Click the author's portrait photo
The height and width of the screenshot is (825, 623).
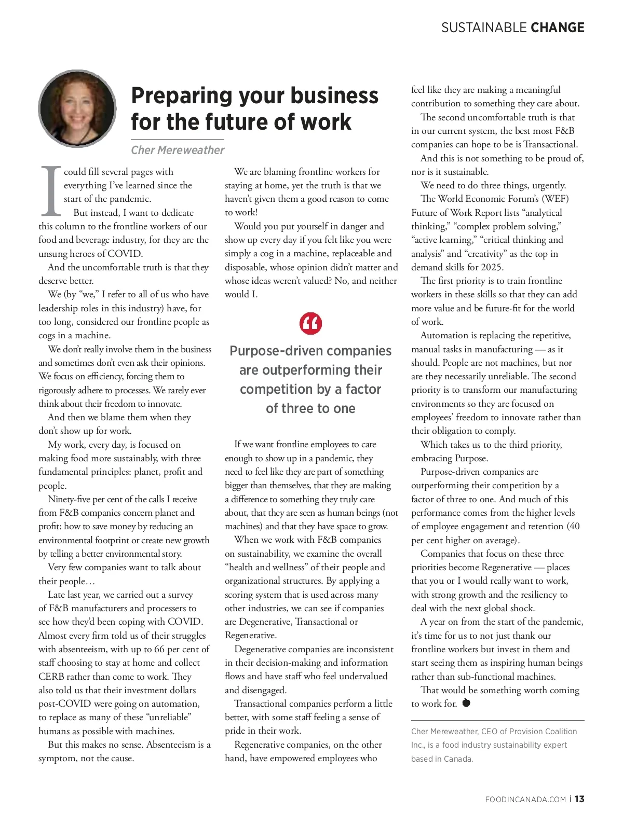77,109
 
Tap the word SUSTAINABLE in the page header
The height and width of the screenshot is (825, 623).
477,27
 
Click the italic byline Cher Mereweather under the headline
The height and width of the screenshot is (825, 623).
178,150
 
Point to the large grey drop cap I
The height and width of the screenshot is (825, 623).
51,190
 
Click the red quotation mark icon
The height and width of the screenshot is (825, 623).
311,323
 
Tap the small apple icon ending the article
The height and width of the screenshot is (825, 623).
466,703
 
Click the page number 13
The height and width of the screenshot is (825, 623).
579,799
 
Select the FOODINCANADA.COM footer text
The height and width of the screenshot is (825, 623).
525,800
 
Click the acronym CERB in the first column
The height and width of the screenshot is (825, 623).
52,677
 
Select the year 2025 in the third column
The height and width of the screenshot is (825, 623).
492,267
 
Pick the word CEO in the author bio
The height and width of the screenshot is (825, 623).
489,731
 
